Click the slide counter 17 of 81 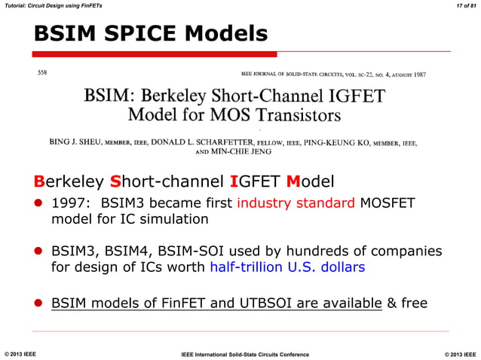[461, 6]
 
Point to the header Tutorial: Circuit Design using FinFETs [51, 6]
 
